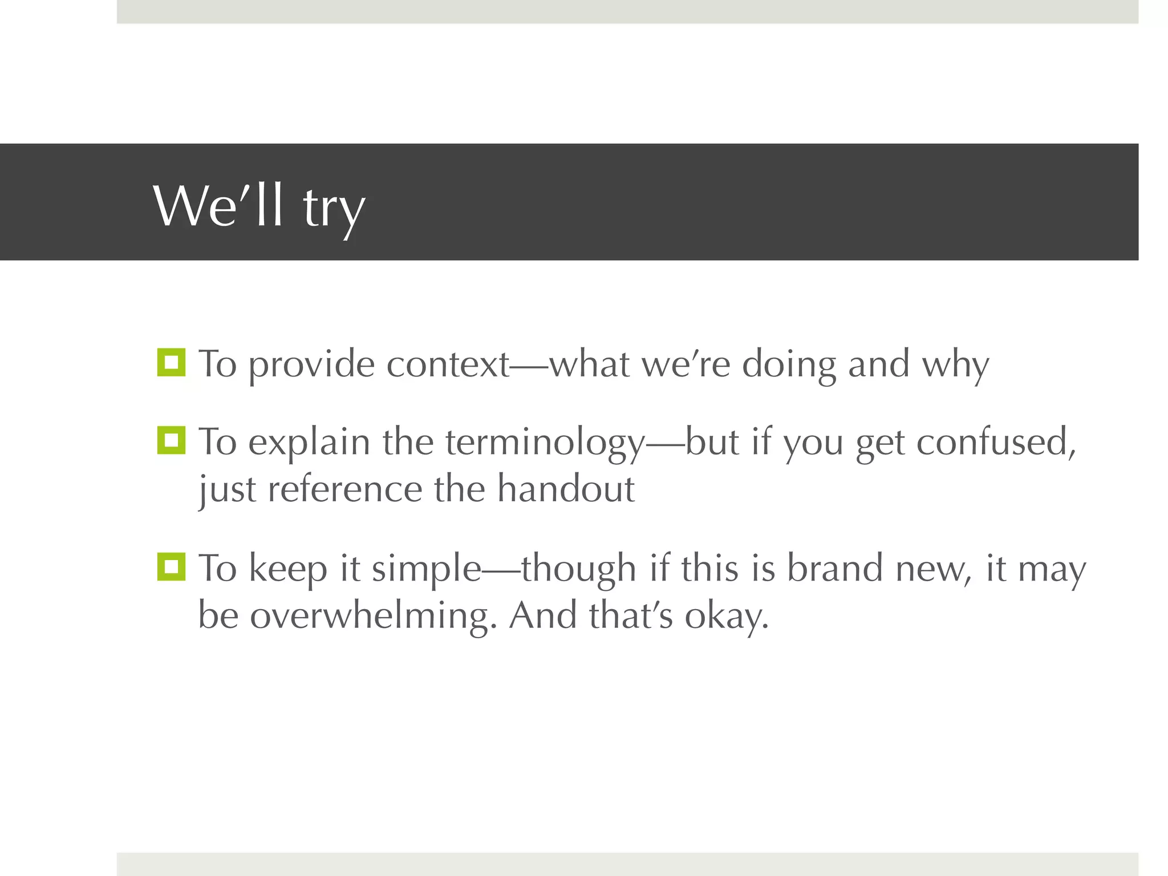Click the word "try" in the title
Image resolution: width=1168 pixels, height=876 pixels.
click(333, 208)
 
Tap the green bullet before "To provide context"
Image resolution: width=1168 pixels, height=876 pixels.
click(171, 362)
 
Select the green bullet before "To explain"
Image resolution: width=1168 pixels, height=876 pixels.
click(171, 440)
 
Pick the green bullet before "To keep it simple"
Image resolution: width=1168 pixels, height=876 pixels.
click(171, 566)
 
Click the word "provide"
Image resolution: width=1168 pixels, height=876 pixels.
click(311, 365)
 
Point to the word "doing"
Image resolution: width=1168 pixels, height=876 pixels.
click(789, 365)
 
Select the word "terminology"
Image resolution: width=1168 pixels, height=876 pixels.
click(545, 443)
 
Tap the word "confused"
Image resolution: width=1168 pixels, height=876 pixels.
click(995, 443)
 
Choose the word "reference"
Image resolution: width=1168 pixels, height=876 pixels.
click(344, 489)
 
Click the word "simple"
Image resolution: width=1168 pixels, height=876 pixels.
click(427, 570)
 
